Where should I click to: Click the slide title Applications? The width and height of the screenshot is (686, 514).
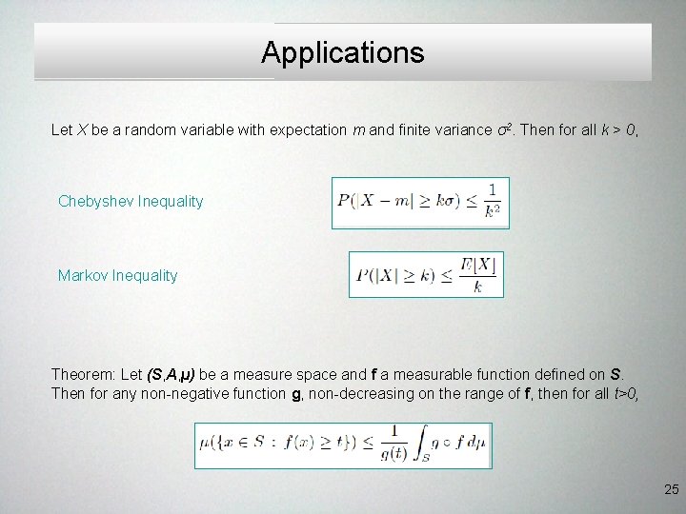click(343, 52)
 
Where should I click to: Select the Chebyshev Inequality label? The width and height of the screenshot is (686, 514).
click(131, 201)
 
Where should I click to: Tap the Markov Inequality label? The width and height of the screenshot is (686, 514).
click(117, 275)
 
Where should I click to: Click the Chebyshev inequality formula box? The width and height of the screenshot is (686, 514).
click(420, 203)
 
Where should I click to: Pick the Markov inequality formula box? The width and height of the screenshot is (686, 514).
click(426, 274)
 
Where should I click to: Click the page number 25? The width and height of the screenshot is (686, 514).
click(671, 489)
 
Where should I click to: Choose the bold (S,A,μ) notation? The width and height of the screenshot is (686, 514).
click(169, 374)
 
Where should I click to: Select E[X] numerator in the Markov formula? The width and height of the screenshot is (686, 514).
click(477, 265)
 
